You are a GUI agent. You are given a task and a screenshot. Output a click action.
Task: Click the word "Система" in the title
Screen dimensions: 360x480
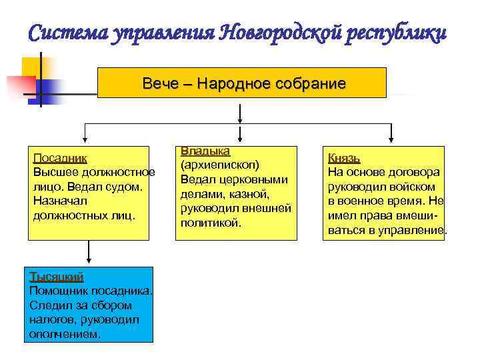pos(67,33)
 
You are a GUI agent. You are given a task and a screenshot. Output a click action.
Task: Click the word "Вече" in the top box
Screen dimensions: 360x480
pos(158,84)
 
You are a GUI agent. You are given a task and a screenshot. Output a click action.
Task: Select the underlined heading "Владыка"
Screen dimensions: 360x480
pos(205,151)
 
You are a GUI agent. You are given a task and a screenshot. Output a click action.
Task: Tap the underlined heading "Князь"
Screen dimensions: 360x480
pos(344,158)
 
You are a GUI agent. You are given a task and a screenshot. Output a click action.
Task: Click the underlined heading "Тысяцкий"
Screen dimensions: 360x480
pos(57,276)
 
